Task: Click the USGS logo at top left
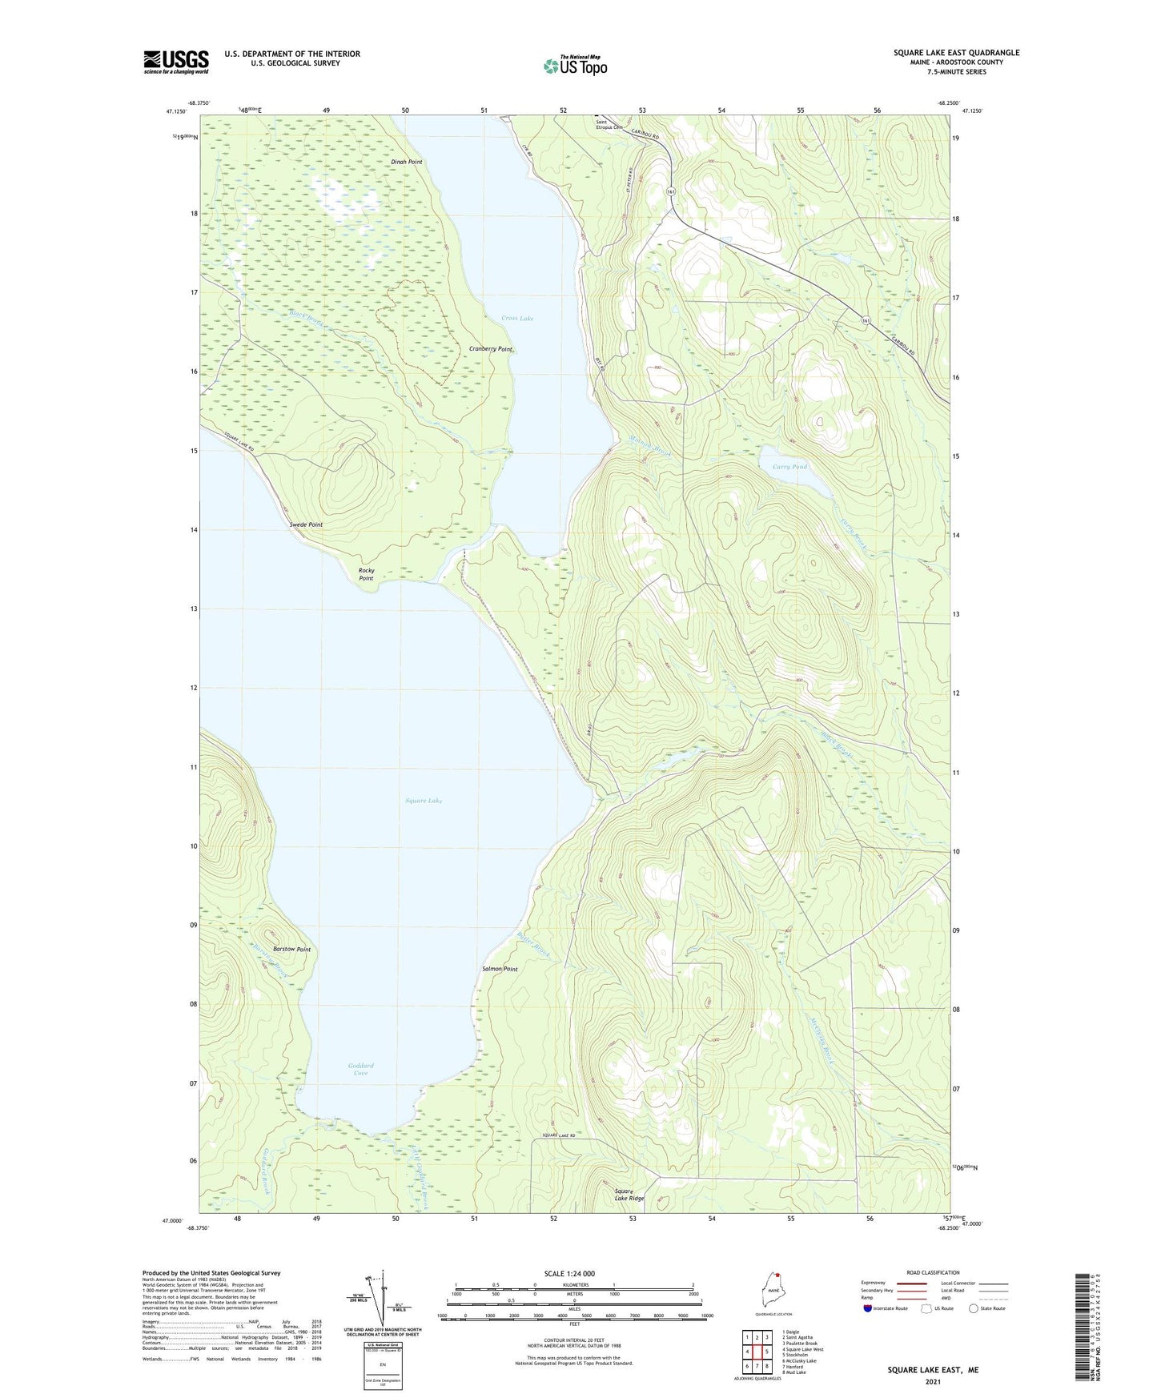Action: (176, 62)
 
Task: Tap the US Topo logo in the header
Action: (575, 66)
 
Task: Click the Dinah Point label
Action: (407, 163)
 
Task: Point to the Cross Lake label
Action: (517, 319)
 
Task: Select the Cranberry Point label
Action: (491, 349)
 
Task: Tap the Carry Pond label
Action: (789, 467)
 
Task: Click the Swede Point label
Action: (306, 524)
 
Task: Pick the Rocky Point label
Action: (366, 574)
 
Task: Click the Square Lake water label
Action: (424, 801)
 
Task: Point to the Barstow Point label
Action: (291, 949)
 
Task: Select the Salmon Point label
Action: (500, 969)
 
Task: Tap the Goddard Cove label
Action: (361, 1070)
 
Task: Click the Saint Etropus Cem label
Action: (609, 125)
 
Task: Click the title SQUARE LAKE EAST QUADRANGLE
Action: (956, 53)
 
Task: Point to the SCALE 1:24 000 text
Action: (569, 1273)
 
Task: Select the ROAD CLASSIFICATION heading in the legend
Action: (933, 1272)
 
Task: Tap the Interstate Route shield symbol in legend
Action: (869, 1308)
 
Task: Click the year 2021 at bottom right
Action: (933, 1381)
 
